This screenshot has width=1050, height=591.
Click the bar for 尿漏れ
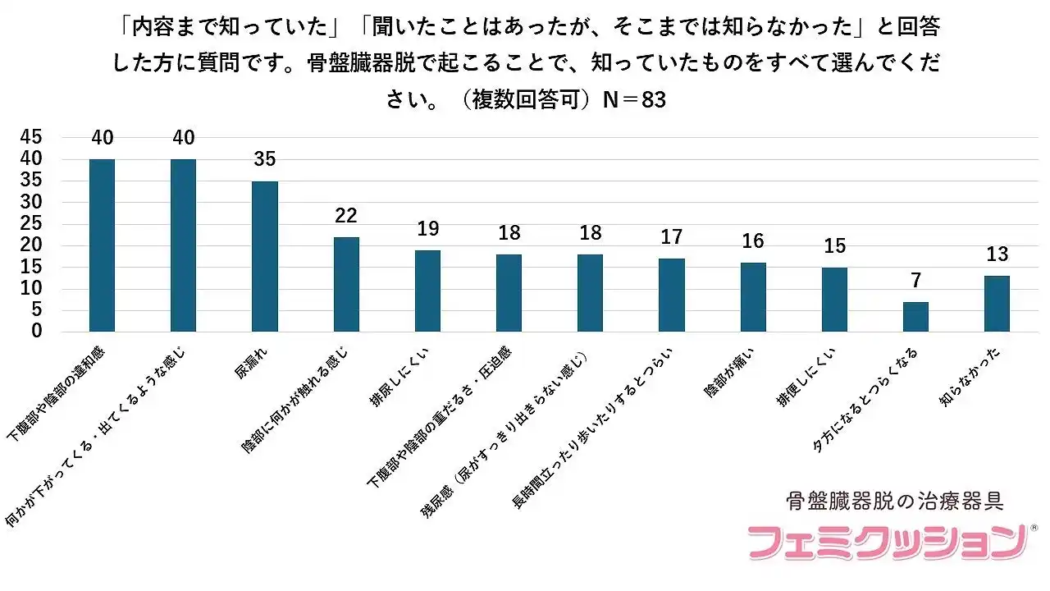[264, 256]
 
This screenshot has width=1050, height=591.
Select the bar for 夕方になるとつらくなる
[915, 317]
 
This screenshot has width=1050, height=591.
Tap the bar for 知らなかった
[997, 304]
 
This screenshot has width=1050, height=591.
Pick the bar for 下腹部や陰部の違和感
[102, 245]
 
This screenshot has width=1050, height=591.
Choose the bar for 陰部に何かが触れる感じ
[346, 284]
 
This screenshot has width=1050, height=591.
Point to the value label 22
[346, 215]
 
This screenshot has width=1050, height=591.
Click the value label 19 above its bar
[427, 228]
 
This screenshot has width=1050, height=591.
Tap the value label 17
[671, 237]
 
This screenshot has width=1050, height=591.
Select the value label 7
[915, 281]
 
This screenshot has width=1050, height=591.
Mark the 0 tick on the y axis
[36, 332]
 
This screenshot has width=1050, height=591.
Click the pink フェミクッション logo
[886, 542]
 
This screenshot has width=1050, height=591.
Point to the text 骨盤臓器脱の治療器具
[895, 499]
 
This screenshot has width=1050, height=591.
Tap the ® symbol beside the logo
[1034, 527]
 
